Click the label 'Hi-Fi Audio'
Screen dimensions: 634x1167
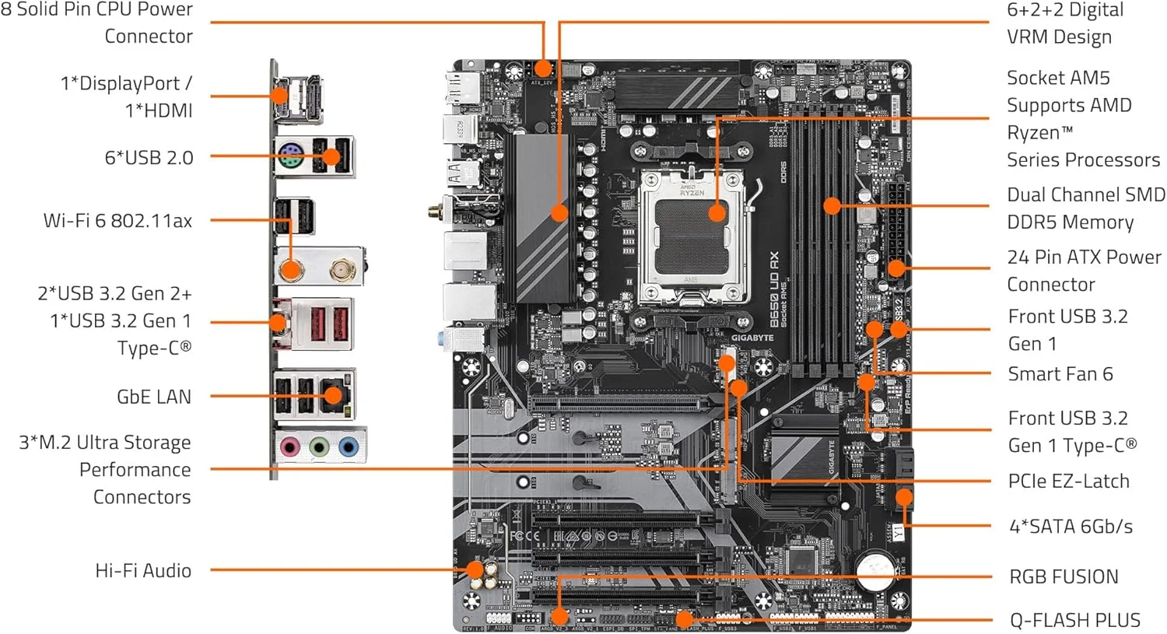pyautogui.click(x=143, y=570)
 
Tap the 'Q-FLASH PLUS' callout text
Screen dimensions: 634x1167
pyautogui.click(x=1074, y=620)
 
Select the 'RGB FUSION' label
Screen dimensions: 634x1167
pyautogui.click(x=1063, y=576)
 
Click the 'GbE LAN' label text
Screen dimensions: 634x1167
pyautogui.click(x=153, y=397)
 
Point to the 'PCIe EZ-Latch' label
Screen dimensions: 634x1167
pyautogui.click(x=1068, y=481)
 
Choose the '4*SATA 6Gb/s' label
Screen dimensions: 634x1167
pyautogui.click(x=1071, y=526)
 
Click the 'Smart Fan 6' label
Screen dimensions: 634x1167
pyautogui.click(x=1060, y=374)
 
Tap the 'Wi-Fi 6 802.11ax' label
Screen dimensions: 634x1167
pyautogui.click(x=117, y=221)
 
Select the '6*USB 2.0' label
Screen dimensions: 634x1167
pyautogui.click(x=149, y=158)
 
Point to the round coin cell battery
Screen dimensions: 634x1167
pyautogui.click(x=874, y=571)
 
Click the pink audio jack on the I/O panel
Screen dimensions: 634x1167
pyautogui.click(x=290, y=447)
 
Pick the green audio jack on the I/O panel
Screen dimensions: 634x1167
pyautogui.click(x=319, y=447)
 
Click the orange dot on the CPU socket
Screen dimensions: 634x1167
pyautogui.click(x=717, y=212)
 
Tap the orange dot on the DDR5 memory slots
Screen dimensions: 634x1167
pyautogui.click(x=832, y=205)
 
